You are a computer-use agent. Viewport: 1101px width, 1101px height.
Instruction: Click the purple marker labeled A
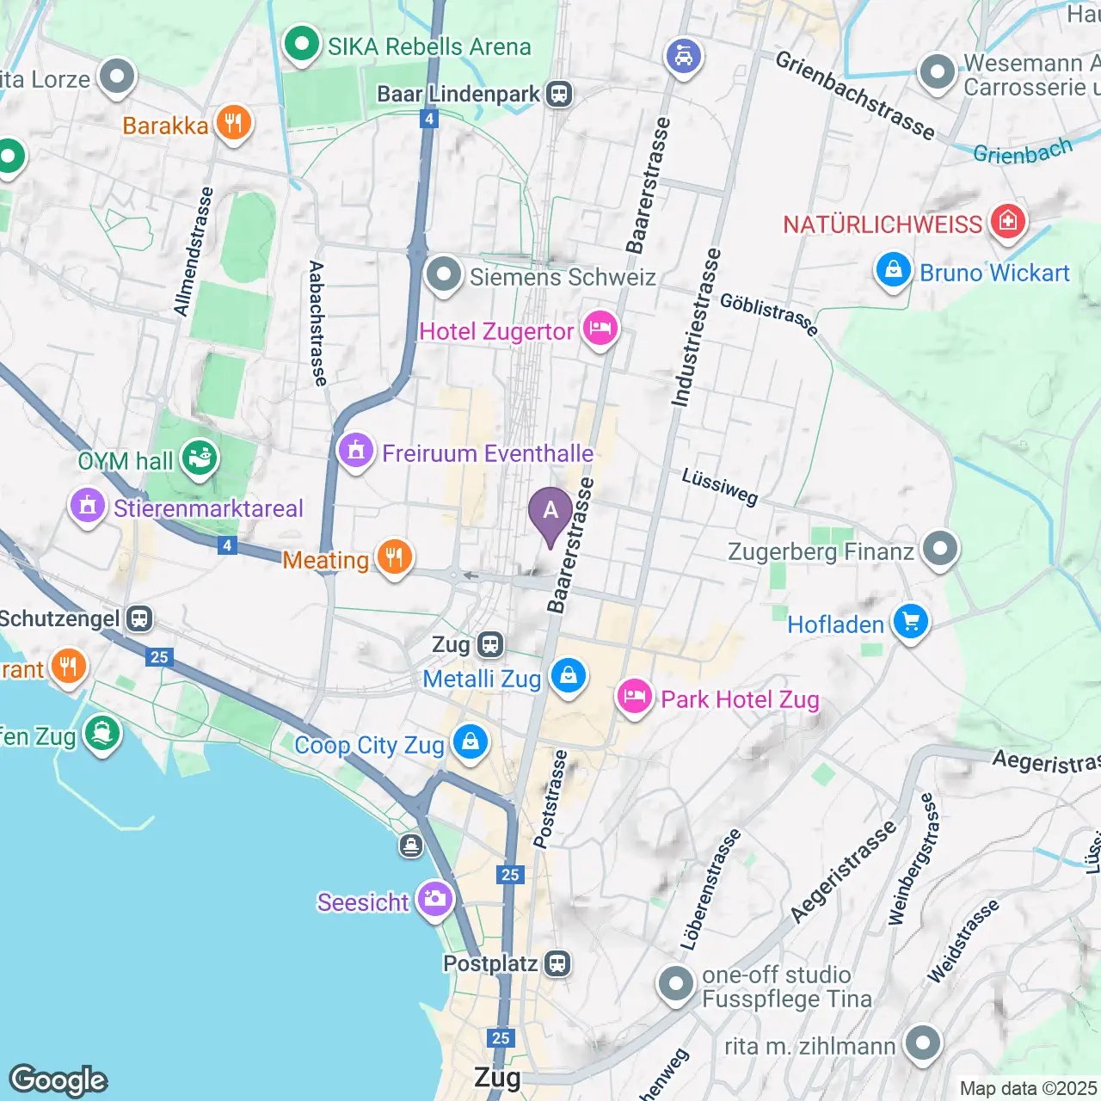[x=550, y=513]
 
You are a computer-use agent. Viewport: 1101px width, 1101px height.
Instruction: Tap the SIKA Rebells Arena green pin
[x=301, y=45]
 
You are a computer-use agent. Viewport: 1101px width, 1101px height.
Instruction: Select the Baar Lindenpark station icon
[x=559, y=94]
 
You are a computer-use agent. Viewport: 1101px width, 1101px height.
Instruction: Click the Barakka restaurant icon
[x=233, y=124]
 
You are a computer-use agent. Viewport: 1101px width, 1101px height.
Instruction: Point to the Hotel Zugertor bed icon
[x=600, y=329]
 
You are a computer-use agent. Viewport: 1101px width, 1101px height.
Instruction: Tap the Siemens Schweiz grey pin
[x=444, y=275]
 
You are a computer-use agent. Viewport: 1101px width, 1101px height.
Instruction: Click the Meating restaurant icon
[x=394, y=558]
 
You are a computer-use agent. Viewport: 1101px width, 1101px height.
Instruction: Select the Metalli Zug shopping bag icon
[x=568, y=677]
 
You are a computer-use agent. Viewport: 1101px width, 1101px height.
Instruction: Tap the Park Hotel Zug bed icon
[x=635, y=698]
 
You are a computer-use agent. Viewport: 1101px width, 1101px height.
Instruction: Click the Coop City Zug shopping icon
[x=470, y=742]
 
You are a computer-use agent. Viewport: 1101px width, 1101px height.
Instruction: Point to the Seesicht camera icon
[x=435, y=901]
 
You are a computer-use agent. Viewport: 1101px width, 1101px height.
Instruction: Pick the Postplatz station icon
[x=557, y=963]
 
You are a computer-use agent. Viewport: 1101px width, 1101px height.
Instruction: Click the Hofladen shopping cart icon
[x=911, y=622]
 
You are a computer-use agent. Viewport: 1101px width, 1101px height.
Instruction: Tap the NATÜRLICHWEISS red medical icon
[x=1007, y=223]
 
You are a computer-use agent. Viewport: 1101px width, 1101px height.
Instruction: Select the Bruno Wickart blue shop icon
[x=894, y=271]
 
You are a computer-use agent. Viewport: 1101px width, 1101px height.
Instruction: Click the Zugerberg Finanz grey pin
[x=940, y=549]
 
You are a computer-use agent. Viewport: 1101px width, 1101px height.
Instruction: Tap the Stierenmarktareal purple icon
[x=88, y=507]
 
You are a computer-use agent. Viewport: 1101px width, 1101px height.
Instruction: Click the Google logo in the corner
[x=58, y=1079]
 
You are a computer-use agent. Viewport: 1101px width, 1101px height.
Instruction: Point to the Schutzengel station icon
[x=139, y=618]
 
